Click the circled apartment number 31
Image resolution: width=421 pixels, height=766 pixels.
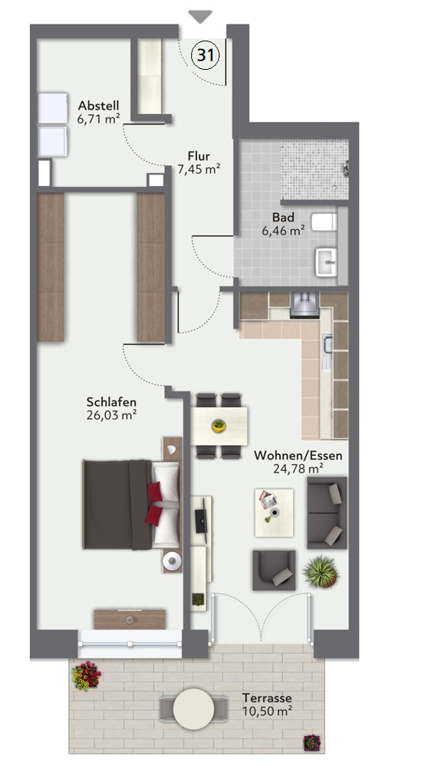click(x=206, y=55)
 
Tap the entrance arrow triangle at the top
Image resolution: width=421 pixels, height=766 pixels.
click(x=200, y=17)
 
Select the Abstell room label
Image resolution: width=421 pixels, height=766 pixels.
click(x=99, y=106)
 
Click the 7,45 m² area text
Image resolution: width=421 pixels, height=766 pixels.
click(x=198, y=169)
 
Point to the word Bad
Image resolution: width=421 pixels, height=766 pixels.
click(x=283, y=218)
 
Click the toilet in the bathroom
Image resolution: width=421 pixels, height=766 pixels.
click(x=324, y=222)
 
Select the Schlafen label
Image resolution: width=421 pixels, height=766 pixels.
click(x=111, y=402)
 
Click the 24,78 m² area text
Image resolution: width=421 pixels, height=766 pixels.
click(x=298, y=469)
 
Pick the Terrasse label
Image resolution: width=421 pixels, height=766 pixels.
click(x=267, y=698)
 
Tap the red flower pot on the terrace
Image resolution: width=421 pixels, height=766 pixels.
click(x=86, y=676)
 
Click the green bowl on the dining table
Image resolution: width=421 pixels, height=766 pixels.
click(x=219, y=425)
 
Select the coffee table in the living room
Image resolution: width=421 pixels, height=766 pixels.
click(x=274, y=512)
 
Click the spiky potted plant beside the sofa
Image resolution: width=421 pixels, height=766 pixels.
click(x=321, y=571)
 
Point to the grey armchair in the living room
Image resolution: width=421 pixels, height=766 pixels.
click(x=274, y=570)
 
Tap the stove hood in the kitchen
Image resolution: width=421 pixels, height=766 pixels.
click(x=304, y=306)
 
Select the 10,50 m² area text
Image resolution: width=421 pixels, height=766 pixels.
click(x=267, y=710)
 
